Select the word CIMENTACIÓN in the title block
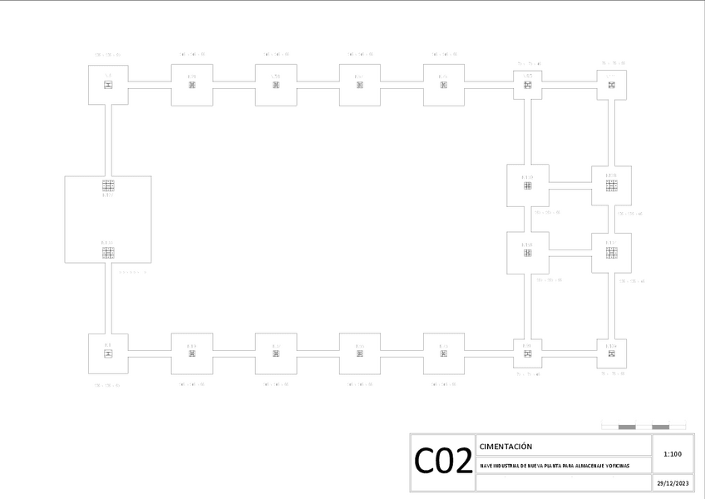[505, 447]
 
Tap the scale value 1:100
[673, 454]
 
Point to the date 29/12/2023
[673, 483]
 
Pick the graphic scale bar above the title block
[643, 427]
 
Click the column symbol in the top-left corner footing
[108, 85]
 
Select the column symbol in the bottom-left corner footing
[108, 353]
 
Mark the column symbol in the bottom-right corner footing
[611, 353]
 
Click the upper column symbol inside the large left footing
[108, 185]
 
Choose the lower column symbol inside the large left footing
[108, 251]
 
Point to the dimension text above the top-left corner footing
[108, 55]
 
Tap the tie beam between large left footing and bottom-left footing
[108, 299]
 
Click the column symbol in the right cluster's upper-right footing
[611, 185]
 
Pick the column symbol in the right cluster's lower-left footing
[527, 252]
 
